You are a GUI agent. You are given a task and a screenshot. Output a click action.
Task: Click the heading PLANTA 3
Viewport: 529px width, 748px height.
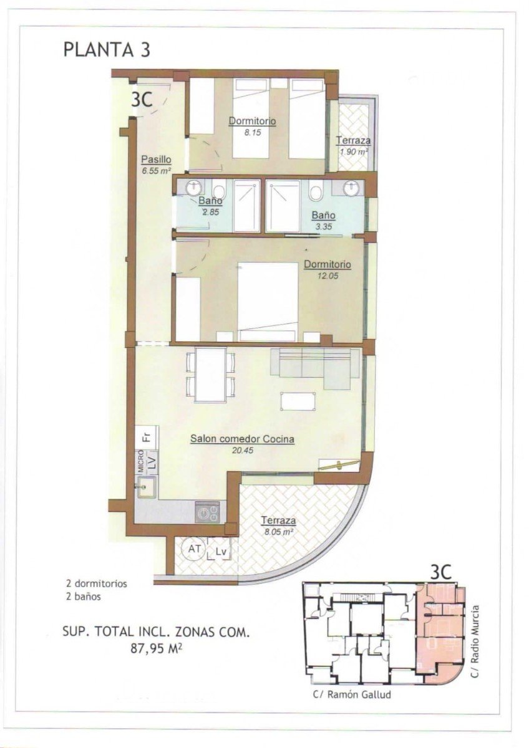pyautogui.click(x=107, y=49)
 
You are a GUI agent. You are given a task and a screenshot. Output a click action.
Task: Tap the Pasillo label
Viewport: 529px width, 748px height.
pyautogui.click(x=156, y=158)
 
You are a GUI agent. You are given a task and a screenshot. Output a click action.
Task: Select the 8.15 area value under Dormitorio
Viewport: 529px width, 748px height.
pyautogui.click(x=253, y=132)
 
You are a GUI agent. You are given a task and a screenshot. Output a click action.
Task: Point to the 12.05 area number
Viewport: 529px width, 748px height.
pyautogui.click(x=327, y=276)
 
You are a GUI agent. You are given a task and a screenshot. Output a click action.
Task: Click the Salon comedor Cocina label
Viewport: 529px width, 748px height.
pyautogui.click(x=242, y=439)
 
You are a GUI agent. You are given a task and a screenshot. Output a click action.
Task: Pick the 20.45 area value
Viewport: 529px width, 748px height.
pyautogui.click(x=242, y=449)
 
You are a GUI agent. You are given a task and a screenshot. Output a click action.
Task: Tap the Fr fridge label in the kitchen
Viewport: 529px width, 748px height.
pyautogui.click(x=146, y=436)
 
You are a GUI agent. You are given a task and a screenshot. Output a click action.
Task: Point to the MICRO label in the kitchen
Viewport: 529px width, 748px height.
pyautogui.click(x=141, y=464)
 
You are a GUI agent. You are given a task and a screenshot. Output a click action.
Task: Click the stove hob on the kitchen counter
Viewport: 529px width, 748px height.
pyautogui.click(x=207, y=512)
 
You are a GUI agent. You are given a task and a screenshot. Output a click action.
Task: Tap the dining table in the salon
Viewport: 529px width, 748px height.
pyautogui.click(x=210, y=374)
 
